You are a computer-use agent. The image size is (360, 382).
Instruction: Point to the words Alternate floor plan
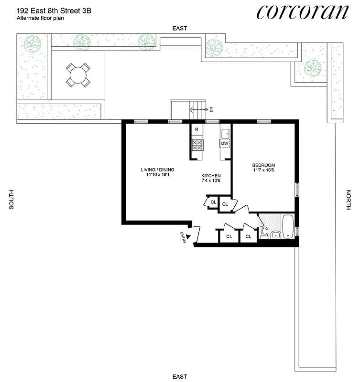pos(41,18)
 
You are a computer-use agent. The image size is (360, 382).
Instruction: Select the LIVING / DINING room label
pos(157,170)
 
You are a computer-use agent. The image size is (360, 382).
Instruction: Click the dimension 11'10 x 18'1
pos(157,175)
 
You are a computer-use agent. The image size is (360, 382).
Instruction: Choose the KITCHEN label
pos(211,176)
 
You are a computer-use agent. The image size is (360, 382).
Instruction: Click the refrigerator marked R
pos(196,130)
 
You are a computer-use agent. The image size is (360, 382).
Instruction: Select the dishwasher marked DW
pos(225,143)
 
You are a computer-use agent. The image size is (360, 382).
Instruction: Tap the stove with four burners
pos(196,145)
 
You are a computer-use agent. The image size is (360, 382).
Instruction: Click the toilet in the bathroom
pos(264,233)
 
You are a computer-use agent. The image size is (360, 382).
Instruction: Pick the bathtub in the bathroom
pos(288,227)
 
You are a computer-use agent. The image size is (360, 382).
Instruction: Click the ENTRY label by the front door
pos(184,238)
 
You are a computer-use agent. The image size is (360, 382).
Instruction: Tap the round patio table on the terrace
pos(77,75)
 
